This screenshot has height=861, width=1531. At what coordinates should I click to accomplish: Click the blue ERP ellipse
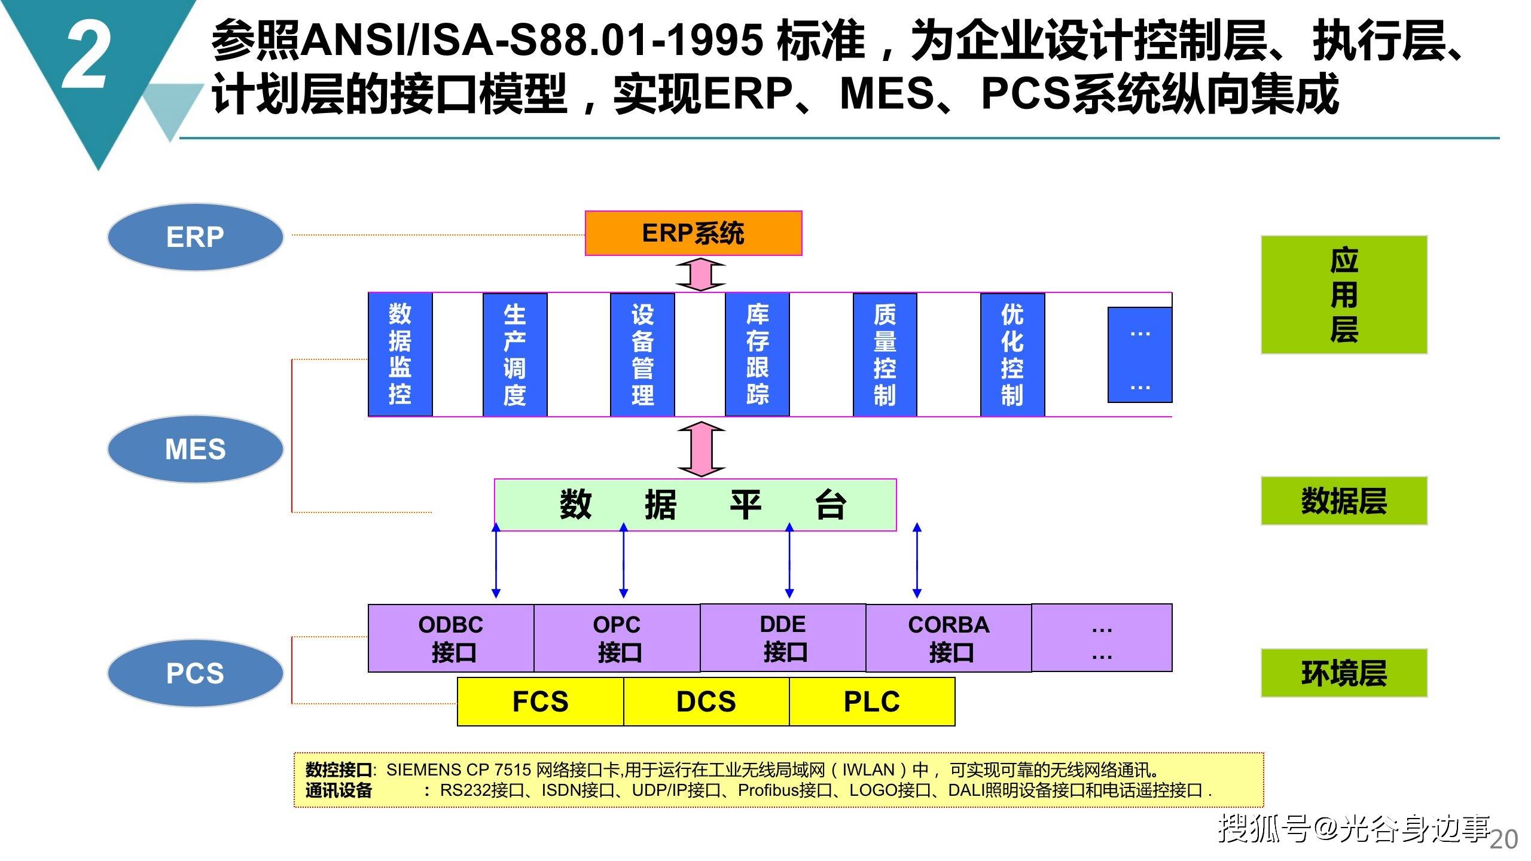pyautogui.click(x=195, y=237)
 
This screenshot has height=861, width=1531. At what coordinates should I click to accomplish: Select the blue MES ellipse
pyautogui.click(x=195, y=449)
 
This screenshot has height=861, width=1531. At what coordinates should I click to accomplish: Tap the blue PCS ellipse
pyautogui.click(x=195, y=673)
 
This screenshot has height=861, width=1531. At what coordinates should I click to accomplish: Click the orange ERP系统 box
pyautogui.click(x=693, y=233)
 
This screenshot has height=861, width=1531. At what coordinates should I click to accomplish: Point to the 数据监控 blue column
pyautogui.click(x=400, y=355)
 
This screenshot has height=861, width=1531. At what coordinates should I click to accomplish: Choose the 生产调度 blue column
pyautogui.click(x=515, y=355)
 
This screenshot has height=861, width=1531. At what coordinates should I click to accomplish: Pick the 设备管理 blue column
pyautogui.click(x=642, y=355)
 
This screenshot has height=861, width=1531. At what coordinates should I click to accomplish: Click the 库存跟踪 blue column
pyautogui.click(x=757, y=355)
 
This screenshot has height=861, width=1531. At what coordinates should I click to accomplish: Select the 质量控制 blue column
pyautogui.click(x=885, y=355)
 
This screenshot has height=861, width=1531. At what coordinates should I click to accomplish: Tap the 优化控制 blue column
pyautogui.click(x=1012, y=355)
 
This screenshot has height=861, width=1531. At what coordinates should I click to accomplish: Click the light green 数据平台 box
pyautogui.click(x=696, y=505)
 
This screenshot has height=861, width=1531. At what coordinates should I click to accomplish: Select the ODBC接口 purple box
pyautogui.click(x=451, y=639)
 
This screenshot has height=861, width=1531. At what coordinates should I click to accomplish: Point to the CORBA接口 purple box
pyautogui.click(x=949, y=638)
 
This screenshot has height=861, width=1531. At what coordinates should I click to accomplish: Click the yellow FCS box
pyautogui.click(x=541, y=701)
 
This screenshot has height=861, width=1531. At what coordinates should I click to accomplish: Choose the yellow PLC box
pyautogui.click(x=872, y=701)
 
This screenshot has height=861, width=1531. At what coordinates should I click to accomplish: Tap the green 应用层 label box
pyautogui.click(x=1344, y=295)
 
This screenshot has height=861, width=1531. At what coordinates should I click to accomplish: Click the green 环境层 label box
pyautogui.click(x=1344, y=673)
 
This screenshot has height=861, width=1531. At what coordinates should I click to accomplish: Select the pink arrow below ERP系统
pyautogui.click(x=700, y=274)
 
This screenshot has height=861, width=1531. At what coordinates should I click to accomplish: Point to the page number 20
pyautogui.click(x=1503, y=839)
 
